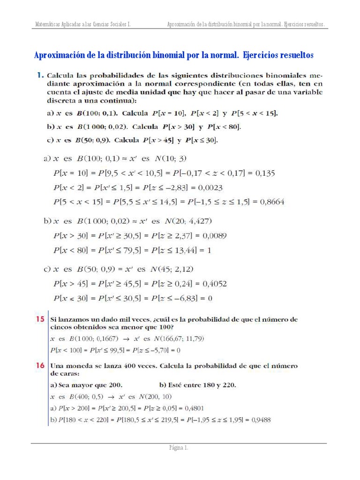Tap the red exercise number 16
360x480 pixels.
[40, 365]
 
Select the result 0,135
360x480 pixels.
[265, 173]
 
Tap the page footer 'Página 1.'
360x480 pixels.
[179, 448]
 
